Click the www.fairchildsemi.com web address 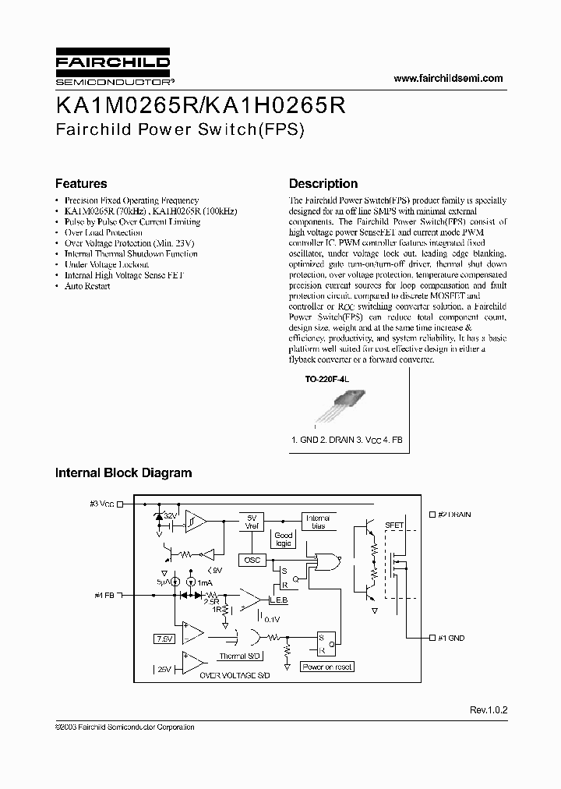pos(448,78)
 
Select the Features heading pos(81,184)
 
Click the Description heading pos(323,184)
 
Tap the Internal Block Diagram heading pos(123,472)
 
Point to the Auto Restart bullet pos(87,286)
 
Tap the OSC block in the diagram pos(252,560)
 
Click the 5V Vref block pos(252,522)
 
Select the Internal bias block pos(318,522)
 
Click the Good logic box pos(284,540)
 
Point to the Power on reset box pos(328,667)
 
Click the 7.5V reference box pos(164,638)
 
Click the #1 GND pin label pos(450,638)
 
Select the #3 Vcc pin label pos(102,504)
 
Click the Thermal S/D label pos(238,656)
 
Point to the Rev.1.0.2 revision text pos(489,710)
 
